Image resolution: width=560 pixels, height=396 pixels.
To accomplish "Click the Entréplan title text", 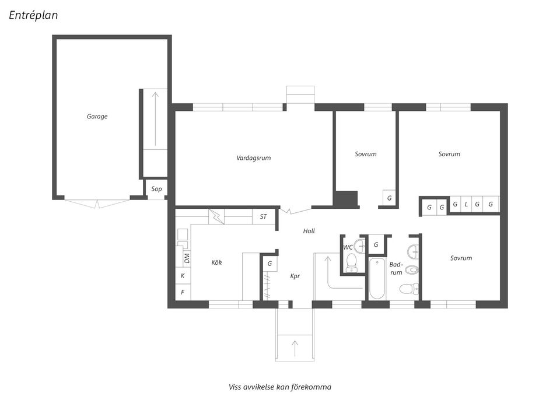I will tap(33, 15).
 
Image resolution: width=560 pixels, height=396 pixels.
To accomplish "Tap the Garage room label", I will tap(97, 117).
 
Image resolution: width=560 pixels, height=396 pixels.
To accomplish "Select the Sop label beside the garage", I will tap(156, 189).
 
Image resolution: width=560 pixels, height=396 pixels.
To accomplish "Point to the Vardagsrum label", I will tap(254, 158).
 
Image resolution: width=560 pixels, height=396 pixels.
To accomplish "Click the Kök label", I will tap(216, 262).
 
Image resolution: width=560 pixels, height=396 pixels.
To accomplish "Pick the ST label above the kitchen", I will tap(263, 217).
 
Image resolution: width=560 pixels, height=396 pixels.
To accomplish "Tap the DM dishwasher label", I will tap(187, 257).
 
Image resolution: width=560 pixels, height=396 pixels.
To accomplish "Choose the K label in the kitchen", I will tap(183, 276).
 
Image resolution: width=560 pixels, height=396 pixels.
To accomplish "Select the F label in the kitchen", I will tap(183, 292).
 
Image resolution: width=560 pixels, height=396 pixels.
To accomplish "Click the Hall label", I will tap(309, 232).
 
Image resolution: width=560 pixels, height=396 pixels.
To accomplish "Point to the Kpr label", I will tap(295, 276).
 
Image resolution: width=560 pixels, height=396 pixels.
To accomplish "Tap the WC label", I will tap(348, 247).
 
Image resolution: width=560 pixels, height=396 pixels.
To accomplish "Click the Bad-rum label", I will tap(397, 268).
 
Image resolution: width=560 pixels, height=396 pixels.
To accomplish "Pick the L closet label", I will tap(466, 204).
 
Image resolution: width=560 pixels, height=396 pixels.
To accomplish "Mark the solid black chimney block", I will tap(346, 199).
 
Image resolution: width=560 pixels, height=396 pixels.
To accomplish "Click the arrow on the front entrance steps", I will tap(295, 348).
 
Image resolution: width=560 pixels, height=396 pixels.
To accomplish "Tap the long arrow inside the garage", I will tap(156, 119).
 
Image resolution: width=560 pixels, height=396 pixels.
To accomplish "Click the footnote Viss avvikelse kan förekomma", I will tap(280, 387).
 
